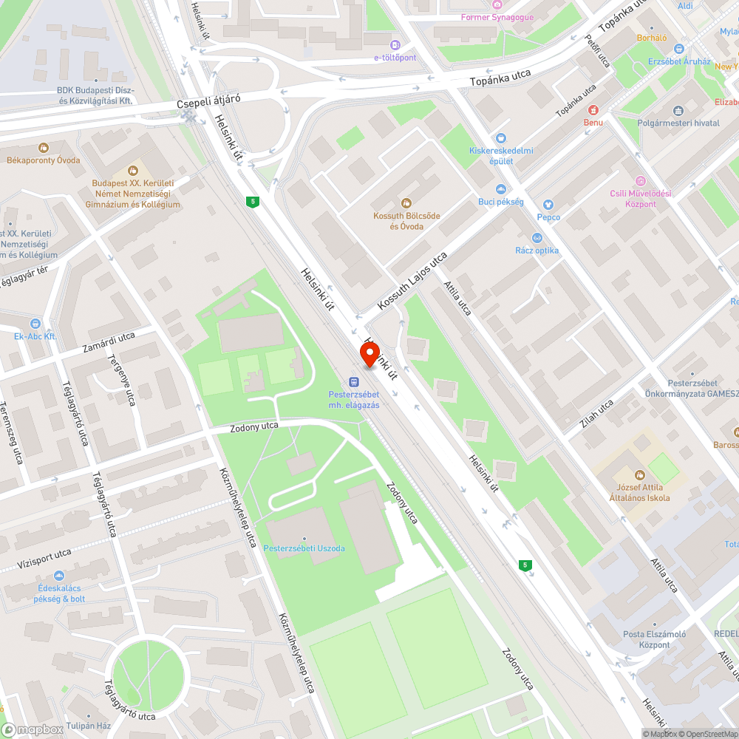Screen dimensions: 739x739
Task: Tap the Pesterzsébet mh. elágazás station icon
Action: (x=354, y=382)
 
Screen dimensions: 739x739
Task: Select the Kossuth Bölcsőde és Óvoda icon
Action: (x=406, y=202)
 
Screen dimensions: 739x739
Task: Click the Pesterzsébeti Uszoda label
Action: (x=302, y=548)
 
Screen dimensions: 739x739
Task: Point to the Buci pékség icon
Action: (x=500, y=190)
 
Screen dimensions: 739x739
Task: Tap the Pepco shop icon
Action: (x=548, y=205)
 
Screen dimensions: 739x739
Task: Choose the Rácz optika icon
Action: (x=537, y=238)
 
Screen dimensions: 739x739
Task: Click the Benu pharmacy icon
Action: (x=593, y=109)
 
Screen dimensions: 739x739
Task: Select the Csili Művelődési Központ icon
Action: (x=640, y=181)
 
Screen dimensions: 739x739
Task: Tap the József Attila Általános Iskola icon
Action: (x=640, y=474)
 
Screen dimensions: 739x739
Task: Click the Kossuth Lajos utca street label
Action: (x=412, y=282)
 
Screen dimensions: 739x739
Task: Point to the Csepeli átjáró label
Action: (x=209, y=104)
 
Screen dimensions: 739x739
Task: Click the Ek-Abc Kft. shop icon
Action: (x=35, y=324)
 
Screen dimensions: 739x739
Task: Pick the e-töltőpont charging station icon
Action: (x=395, y=45)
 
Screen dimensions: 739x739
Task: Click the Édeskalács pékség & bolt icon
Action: (x=59, y=576)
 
